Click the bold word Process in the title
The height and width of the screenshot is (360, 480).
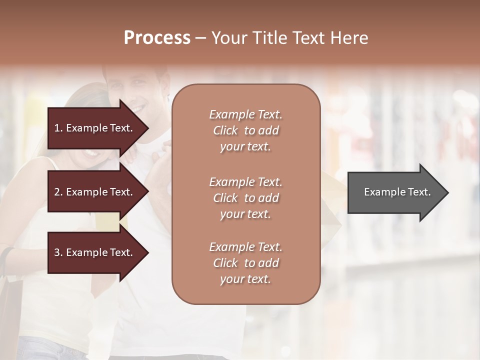pos(157,38)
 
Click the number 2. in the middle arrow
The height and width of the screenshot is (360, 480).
pos(58,192)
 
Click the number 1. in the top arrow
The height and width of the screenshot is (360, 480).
pos(58,128)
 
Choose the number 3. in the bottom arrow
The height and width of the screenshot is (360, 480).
pos(58,252)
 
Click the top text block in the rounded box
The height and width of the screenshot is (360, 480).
pos(245,130)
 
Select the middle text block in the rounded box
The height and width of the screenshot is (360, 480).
pos(245,198)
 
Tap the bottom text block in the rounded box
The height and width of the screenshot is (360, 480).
pos(245,263)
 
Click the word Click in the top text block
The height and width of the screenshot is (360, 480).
pos(225,130)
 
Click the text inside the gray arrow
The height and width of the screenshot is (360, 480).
pos(397,192)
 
